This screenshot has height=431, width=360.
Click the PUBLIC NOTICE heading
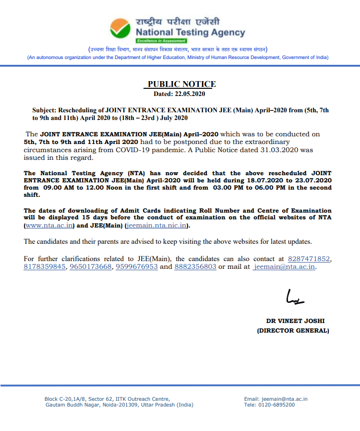pyautogui.click(x=181, y=84)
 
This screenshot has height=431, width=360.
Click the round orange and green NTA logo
pyautogui.click(x=120, y=28)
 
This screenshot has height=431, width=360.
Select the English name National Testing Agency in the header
pyautogui.click(x=191, y=33)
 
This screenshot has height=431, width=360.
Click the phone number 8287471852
pyautogui.click(x=309, y=259)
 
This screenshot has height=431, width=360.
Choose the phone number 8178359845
pyautogui.click(x=45, y=267)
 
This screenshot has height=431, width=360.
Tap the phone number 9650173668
pyautogui.click(x=91, y=267)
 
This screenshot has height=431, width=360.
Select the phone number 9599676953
pyautogui.click(x=137, y=267)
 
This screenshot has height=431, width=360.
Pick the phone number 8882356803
pyautogui.click(x=195, y=267)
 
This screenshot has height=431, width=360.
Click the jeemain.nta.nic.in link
pyautogui.click(x=156, y=226)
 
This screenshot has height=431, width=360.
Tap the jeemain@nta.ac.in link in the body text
pyautogui.click(x=285, y=267)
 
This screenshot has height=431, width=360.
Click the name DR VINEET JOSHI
pyautogui.click(x=292, y=321)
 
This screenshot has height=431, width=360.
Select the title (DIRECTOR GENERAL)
pyautogui.click(x=293, y=331)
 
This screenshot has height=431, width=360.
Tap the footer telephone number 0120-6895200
pyautogui.click(x=276, y=405)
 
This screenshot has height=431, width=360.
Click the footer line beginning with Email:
pyautogui.click(x=276, y=399)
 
